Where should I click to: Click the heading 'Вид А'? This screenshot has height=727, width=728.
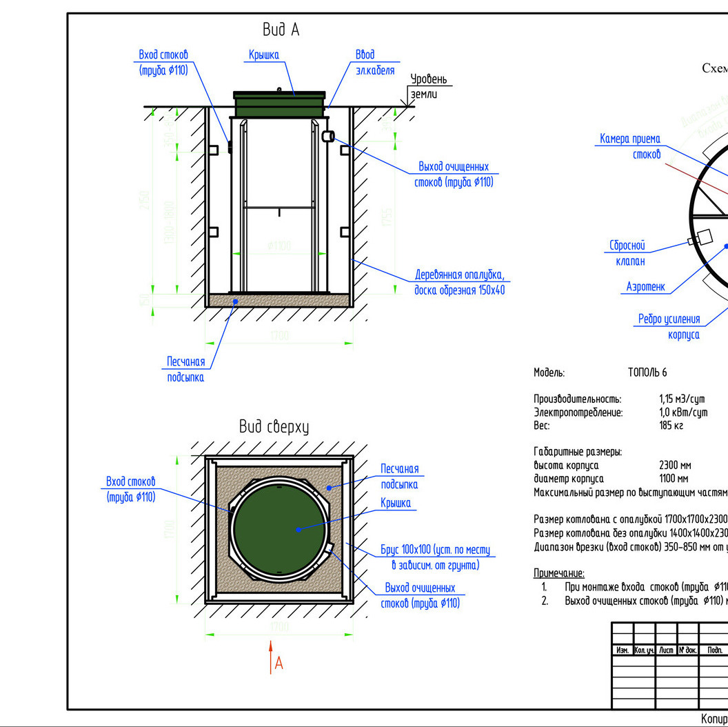[281, 30]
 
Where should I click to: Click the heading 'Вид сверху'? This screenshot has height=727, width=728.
[274, 427]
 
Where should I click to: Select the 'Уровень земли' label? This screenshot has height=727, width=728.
[428, 86]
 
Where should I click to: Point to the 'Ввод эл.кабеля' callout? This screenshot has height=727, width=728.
[375, 62]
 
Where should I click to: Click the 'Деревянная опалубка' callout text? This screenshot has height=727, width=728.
[459, 283]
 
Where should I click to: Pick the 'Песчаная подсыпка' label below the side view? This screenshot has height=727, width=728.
[186, 370]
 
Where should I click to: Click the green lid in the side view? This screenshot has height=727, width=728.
[279, 104]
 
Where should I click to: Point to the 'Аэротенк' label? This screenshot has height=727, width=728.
[646, 286]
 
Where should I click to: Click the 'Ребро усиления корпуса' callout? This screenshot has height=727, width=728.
[669, 327]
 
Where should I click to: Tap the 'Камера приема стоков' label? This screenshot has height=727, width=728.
[629, 147]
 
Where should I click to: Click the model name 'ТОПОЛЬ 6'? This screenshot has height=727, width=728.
[647, 373]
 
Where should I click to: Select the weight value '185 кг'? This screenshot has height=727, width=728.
[671, 426]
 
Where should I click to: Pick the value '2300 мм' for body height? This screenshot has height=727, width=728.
[674, 466]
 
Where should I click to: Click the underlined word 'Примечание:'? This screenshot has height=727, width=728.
[559, 573]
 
